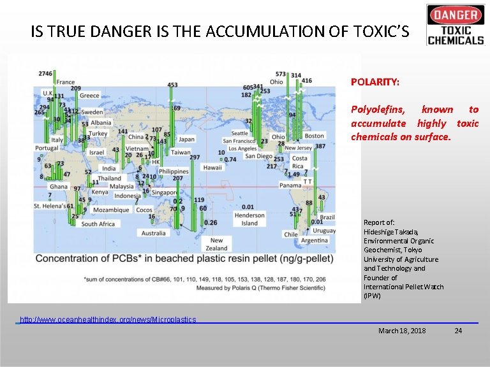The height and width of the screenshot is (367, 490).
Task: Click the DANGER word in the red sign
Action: pyautogui.click(x=456, y=15)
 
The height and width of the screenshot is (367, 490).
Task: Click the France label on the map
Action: pyautogui.click(x=65, y=82)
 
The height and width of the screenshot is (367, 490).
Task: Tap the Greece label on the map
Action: pyautogui.click(x=89, y=96)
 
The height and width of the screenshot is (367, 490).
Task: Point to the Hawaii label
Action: pyautogui.click(x=213, y=168)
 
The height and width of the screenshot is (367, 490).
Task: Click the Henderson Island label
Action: pyautogui.click(x=249, y=219)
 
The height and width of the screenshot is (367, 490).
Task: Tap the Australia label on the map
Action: pyautogui.click(x=153, y=233)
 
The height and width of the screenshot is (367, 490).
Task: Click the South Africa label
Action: pyautogui.click(x=98, y=224)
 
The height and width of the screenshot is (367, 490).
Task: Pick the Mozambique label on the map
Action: pyautogui.click(x=111, y=210)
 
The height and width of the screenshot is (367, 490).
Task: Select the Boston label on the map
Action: pyautogui.click(x=314, y=136)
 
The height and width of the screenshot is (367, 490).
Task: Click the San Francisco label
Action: pyautogui.click(x=240, y=141)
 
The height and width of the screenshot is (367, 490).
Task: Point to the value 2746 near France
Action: pyautogui.click(x=45, y=74)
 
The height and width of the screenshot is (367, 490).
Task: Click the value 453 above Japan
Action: pyautogui.click(x=172, y=85)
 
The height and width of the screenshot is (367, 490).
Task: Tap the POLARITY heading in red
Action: pyautogui.click(x=375, y=82)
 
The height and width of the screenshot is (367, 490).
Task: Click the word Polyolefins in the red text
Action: pyautogui.click(x=377, y=110)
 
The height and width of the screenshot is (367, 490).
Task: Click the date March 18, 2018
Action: pyautogui.click(x=402, y=331)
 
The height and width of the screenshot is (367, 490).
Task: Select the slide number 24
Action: pyautogui.click(x=457, y=331)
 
